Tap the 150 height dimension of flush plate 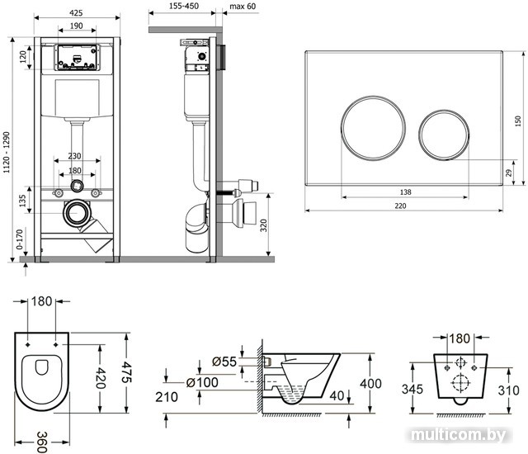[518, 121]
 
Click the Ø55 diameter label [224, 360]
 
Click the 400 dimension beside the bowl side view [375, 383]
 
